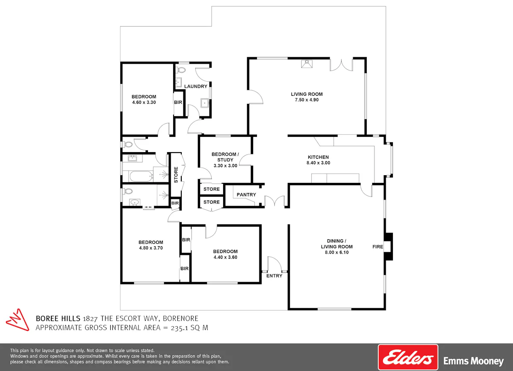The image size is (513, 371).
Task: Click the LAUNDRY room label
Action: (196, 86)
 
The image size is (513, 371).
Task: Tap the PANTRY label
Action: (246, 194)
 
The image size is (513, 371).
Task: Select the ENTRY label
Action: (274, 276)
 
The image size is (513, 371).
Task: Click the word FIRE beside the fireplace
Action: (377, 247)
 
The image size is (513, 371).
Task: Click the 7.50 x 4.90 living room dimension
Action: (307, 100)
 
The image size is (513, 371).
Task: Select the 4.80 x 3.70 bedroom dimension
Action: (150, 248)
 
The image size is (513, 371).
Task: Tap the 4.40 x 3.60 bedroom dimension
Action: (225, 257)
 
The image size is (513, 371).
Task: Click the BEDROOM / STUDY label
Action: (225, 157)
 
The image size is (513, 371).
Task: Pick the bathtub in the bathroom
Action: (141, 177)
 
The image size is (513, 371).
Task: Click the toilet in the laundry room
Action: (181, 70)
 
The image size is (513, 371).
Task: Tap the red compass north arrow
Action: (18, 320)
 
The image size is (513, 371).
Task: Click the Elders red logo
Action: (408, 357)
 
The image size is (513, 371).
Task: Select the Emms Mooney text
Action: (473, 361)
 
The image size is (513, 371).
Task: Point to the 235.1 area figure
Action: (180, 328)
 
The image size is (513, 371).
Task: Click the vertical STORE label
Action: (176, 175)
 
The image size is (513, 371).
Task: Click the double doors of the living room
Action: (341, 65)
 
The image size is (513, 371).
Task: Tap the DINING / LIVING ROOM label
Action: (337, 244)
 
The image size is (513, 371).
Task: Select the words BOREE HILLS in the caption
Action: (58, 318)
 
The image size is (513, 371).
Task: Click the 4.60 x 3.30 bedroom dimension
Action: (144, 103)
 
